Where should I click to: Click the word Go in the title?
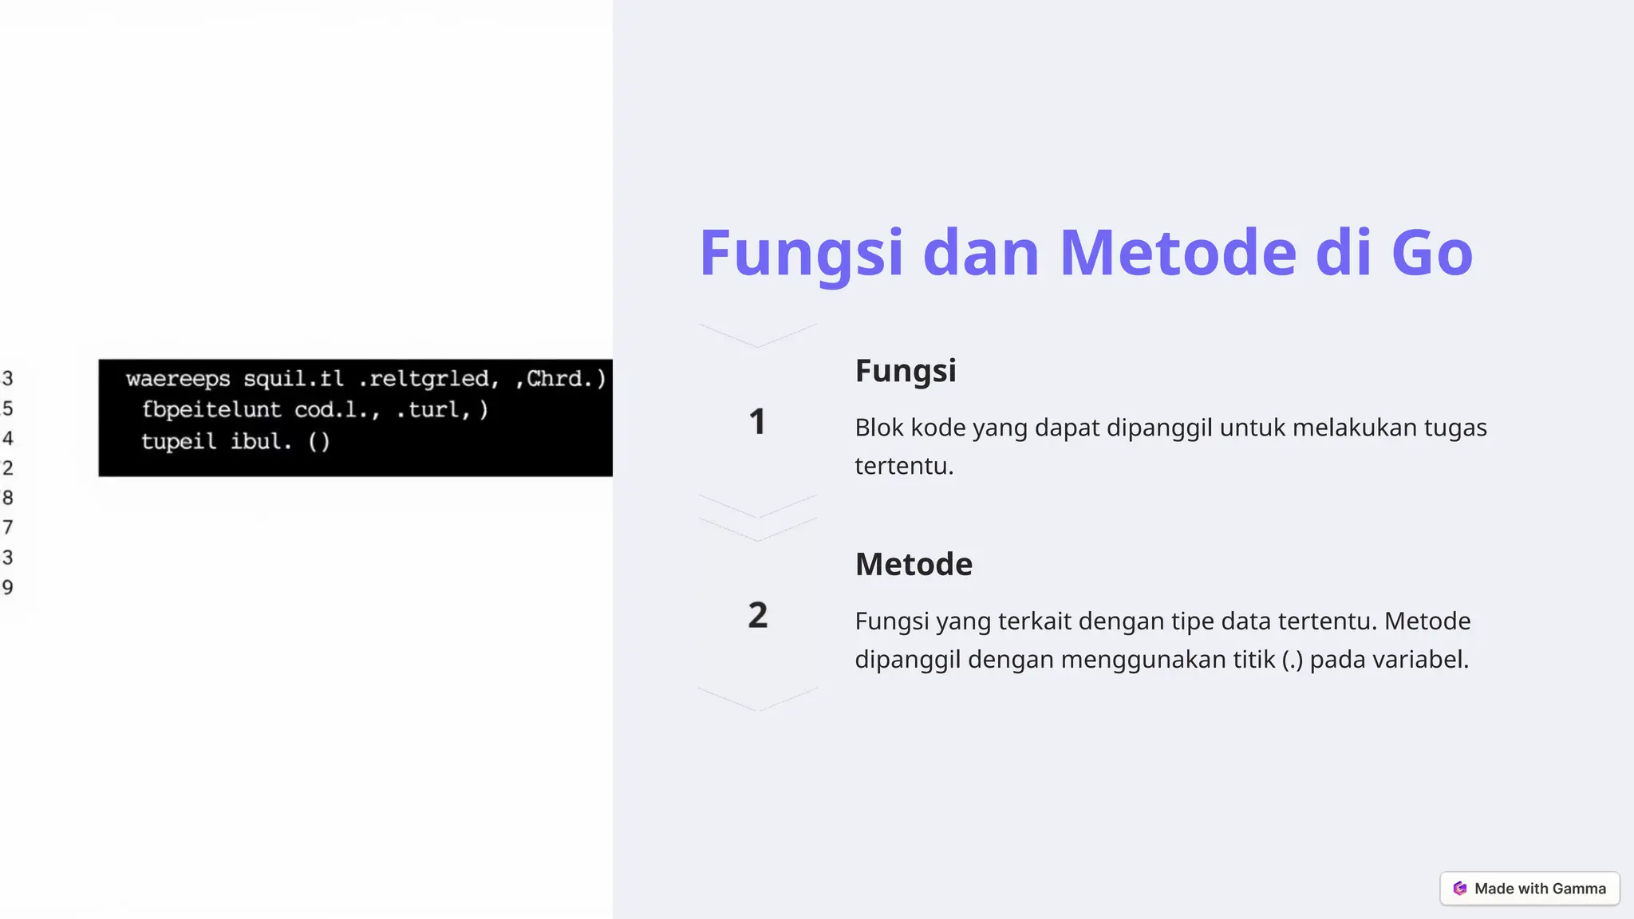[1431, 253]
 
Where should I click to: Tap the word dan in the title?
[981, 253]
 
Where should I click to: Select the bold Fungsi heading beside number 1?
[906, 371]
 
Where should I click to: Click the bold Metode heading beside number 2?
[914, 565]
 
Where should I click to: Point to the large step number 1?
[757, 422]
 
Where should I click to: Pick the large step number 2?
[758, 615]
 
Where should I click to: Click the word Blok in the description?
[879, 428]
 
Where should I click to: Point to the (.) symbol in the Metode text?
[1293, 660]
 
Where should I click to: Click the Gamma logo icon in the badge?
[1460, 889]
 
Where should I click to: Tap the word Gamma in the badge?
[1579, 889]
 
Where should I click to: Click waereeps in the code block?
[178, 379]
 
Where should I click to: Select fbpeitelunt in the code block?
[211, 410]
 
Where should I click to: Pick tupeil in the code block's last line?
[179, 441]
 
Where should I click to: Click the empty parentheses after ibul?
[318, 441]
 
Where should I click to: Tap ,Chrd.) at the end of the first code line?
[561, 378]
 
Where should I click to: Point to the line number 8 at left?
[8, 498]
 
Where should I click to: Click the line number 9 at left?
[8, 587]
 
